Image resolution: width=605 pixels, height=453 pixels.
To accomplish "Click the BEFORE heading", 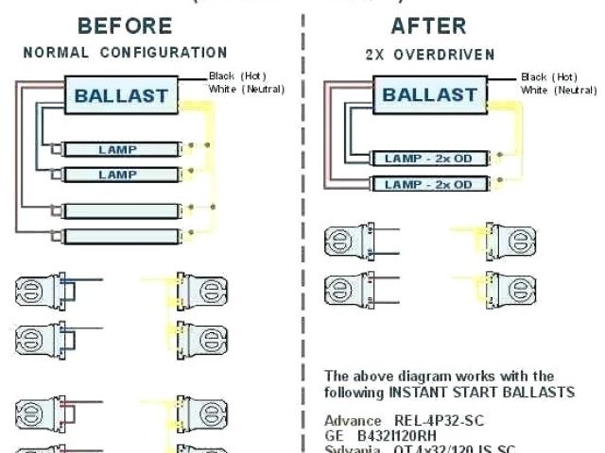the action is (x=124, y=25).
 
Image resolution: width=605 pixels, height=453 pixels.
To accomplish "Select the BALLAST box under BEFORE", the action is (x=121, y=94).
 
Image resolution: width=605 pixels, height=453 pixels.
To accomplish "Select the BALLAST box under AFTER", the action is (x=430, y=94).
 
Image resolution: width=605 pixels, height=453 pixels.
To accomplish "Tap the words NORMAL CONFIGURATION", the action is (x=125, y=53).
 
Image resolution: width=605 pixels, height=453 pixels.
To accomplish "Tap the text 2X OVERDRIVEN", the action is (x=430, y=55).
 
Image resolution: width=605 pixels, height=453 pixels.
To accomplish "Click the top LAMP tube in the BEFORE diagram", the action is (x=118, y=149).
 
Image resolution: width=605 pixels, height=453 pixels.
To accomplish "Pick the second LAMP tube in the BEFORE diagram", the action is (x=118, y=175).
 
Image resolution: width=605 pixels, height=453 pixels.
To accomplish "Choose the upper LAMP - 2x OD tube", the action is (x=428, y=159).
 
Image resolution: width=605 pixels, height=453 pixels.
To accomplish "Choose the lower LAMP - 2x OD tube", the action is (x=428, y=184).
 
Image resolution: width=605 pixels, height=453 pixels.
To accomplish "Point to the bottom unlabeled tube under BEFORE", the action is (x=118, y=235).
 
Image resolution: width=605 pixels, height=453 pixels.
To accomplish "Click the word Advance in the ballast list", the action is (x=352, y=420).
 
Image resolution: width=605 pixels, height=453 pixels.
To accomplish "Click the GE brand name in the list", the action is (x=334, y=436).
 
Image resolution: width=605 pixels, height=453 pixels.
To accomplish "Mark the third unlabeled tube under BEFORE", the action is (x=118, y=210).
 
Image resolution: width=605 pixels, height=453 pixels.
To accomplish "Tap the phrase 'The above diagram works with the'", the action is (x=439, y=376).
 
